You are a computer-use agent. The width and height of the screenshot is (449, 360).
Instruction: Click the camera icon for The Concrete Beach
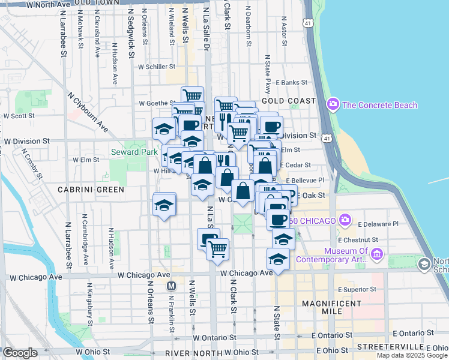point(333,105)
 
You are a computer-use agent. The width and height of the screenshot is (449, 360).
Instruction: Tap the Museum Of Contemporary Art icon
point(377,255)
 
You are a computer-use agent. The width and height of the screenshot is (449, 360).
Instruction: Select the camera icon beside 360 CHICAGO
point(344,220)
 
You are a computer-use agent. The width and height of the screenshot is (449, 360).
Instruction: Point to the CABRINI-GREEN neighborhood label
point(91,190)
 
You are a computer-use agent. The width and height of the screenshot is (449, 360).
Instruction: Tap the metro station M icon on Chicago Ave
point(171,286)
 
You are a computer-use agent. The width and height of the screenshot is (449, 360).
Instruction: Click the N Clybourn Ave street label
point(87,112)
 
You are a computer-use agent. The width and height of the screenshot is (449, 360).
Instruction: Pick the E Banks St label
point(292,83)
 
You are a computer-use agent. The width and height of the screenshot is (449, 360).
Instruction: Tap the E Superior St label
point(357,289)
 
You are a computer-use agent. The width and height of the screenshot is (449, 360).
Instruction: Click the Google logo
point(20,353)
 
